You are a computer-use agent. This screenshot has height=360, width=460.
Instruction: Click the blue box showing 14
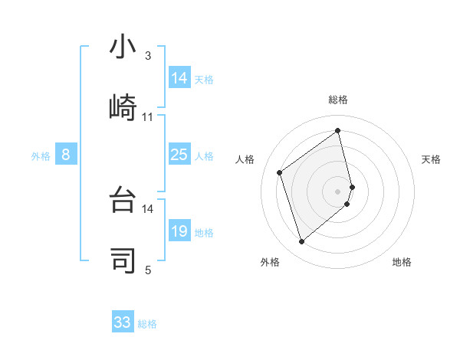[x=179, y=78]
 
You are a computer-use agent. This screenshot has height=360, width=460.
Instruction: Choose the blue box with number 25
[x=179, y=155]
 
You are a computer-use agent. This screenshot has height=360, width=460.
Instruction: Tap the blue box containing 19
[x=179, y=232]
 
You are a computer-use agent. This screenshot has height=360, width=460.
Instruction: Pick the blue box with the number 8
[x=66, y=155]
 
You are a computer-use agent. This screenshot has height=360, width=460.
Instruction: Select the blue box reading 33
[x=123, y=322]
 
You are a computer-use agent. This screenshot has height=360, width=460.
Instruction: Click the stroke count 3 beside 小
[x=148, y=56]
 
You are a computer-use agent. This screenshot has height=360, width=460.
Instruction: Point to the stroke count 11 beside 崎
[x=148, y=117]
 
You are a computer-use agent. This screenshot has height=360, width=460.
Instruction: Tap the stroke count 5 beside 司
[x=148, y=270]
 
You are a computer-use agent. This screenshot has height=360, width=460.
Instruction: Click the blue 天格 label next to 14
[x=204, y=79]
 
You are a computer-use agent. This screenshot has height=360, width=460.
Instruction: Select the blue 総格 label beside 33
[x=147, y=324]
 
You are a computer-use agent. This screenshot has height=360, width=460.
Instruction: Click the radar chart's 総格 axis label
[x=338, y=100]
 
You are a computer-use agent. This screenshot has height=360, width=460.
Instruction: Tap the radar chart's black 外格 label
[x=270, y=262]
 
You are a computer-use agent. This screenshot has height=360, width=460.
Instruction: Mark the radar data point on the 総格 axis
[x=338, y=130]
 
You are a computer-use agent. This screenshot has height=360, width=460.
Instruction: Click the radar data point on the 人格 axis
[x=280, y=172]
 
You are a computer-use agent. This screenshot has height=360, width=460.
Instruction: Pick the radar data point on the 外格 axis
[x=301, y=242]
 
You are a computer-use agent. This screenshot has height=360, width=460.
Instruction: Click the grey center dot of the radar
[x=338, y=191]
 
